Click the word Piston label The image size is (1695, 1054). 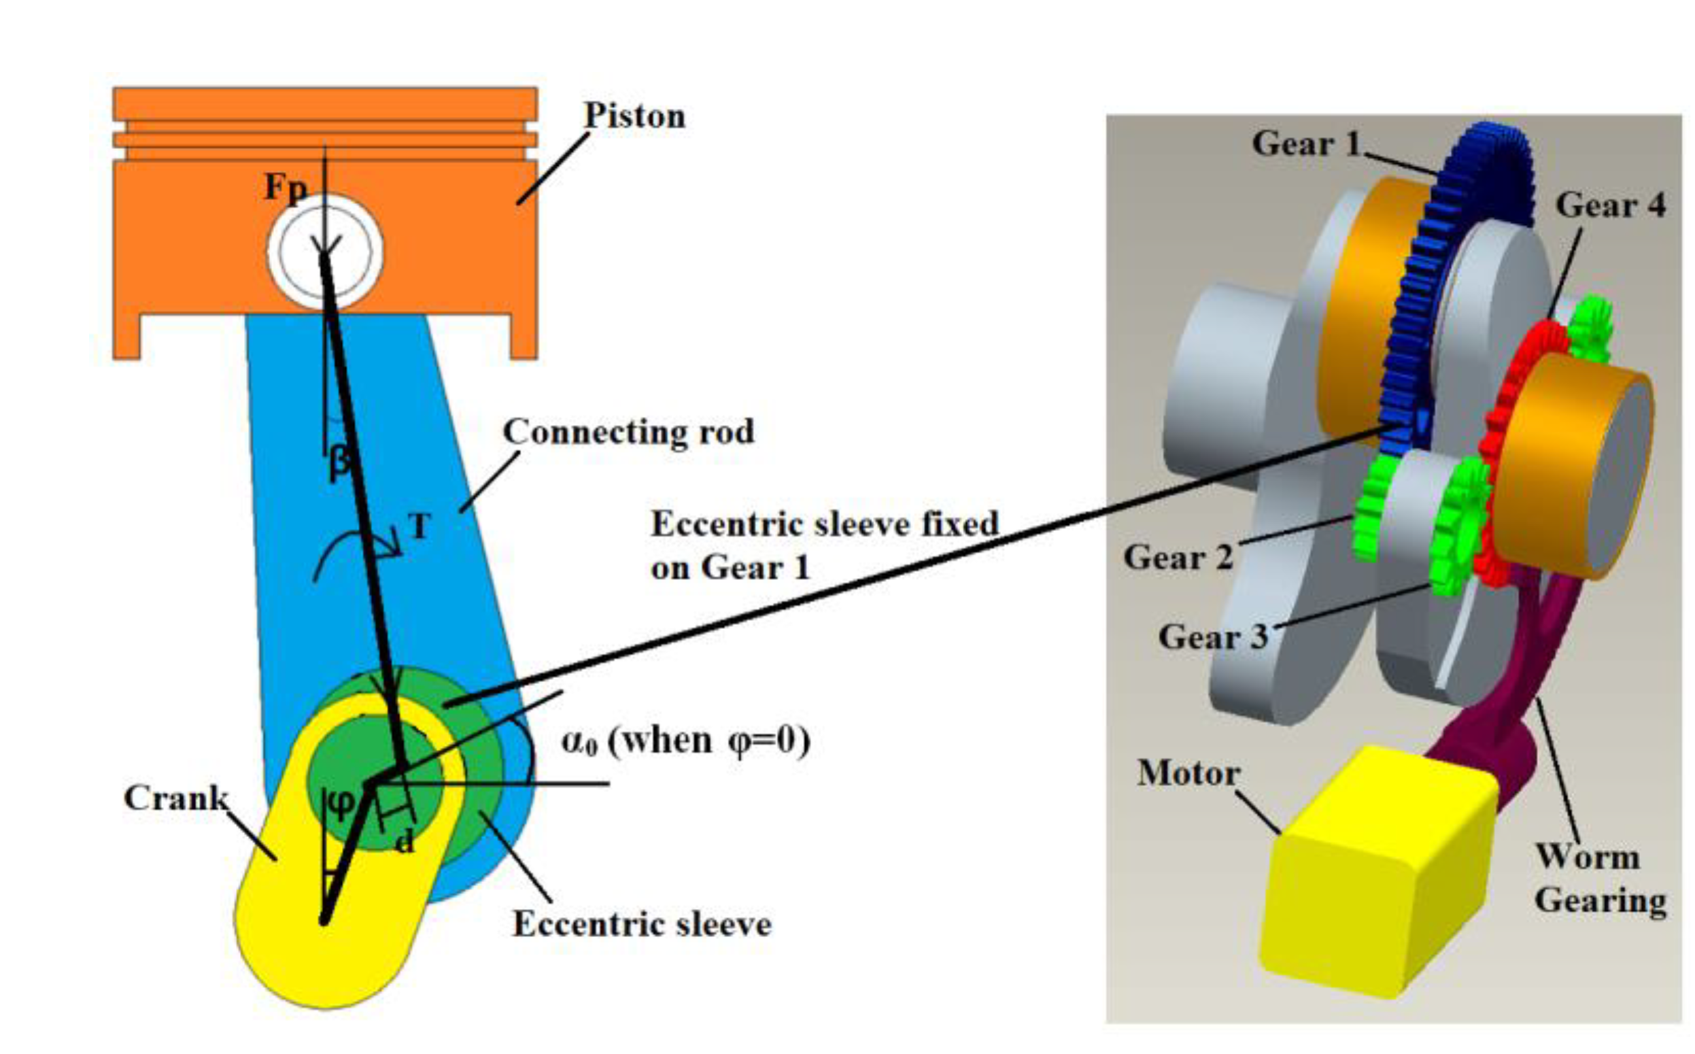pyautogui.click(x=634, y=116)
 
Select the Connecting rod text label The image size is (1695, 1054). pyautogui.click(x=629, y=432)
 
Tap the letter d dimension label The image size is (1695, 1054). pyautogui.click(x=405, y=842)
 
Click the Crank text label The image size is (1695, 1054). pyautogui.click(x=175, y=798)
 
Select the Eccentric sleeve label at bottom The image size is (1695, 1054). pyautogui.click(x=642, y=925)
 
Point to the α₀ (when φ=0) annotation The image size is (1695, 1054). pyautogui.click(x=686, y=741)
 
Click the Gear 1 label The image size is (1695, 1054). pyautogui.click(x=1306, y=143)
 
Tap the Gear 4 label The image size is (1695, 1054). pyautogui.click(x=1611, y=205)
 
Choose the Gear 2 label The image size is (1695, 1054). pyautogui.click(x=1178, y=557)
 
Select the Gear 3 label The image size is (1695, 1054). pyautogui.click(x=1213, y=636)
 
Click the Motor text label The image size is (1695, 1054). pyautogui.click(x=1189, y=773)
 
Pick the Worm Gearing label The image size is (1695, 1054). pyautogui.click(x=1600, y=879)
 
